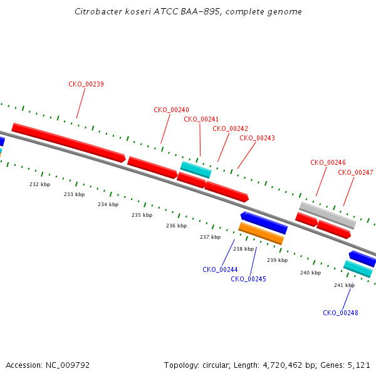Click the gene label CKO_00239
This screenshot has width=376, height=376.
click(86, 84)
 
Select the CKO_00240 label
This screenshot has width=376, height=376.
click(171, 110)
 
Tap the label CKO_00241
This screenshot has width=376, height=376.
click(201, 119)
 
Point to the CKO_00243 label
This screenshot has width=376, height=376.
click(257, 138)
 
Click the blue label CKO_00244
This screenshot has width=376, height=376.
click(220, 269)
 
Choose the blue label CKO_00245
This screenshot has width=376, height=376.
click(248, 279)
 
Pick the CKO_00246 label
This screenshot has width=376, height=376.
click(328, 162)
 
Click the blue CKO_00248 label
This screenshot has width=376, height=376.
click(340, 313)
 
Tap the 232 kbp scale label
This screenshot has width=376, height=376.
click(40, 184)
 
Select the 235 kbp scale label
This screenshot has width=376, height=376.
click(142, 215)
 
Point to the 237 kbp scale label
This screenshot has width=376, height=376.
click(211, 237)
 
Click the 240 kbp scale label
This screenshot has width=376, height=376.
click(311, 273)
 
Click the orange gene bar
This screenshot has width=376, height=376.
click(261, 233)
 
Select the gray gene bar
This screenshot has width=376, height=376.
click(328, 216)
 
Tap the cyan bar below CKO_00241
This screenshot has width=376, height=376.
click(196, 170)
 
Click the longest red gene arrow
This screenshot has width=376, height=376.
click(68, 143)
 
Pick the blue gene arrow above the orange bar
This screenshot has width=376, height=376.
click(264, 222)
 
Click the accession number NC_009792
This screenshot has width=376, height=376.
click(68, 365)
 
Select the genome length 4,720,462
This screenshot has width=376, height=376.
click(283, 365)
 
